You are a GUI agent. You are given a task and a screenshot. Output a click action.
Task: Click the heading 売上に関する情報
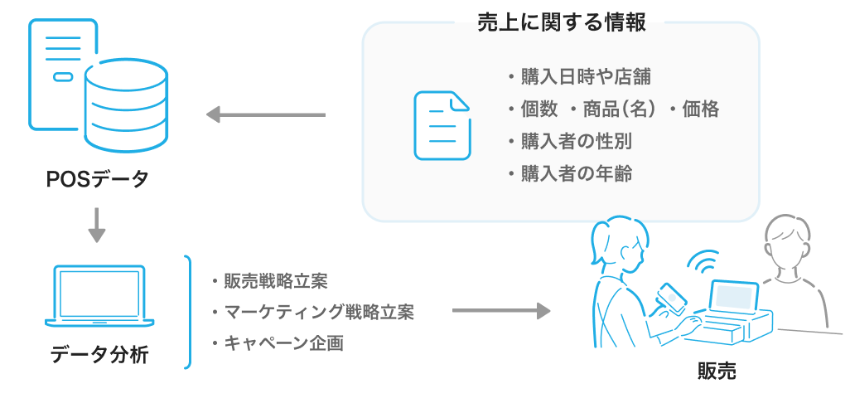pyautogui.click(x=562, y=22)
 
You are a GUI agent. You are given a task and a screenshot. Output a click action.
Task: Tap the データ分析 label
pyautogui.click(x=99, y=356)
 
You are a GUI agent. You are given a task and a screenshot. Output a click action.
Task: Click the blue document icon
pyautogui.click(x=442, y=125)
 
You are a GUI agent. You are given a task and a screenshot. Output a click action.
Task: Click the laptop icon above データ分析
pyautogui.click(x=99, y=297)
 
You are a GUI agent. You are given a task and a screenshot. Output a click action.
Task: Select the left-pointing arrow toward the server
pyautogui.click(x=265, y=114)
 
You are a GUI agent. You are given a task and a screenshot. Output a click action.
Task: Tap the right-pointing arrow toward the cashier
pyautogui.click(x=501, y=311)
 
